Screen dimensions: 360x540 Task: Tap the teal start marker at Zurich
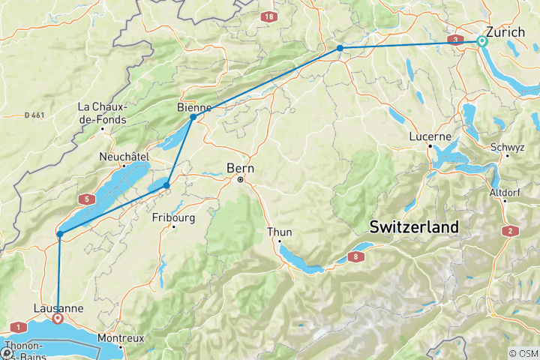pyautogui.click(x=481, y=42)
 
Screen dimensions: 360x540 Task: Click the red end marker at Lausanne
pyautogui.click(x=58, y=319)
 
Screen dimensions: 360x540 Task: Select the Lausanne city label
pyautogui.click(x=58, y=307)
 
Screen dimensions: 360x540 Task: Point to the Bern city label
pyautogui.click(x=241, y=169)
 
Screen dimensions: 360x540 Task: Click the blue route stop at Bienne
pyautogui.click(x=193, y=117)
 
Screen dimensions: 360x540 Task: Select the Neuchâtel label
pyautogui.click(x=125, y=157)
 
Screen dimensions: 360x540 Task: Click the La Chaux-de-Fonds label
pyautogui.click(x=102, y=113)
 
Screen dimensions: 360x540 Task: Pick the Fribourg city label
pyautogui.click(x=173, y=218)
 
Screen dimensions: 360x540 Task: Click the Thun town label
pyautogui.click(x=280, y=232)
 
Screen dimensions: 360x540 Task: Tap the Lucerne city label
pyautogui.click(x=430, y=136)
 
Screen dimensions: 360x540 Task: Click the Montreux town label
pyautogui.click(x=121, y=338)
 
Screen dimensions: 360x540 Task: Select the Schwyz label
pyautogui.click(x=507, y=147)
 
